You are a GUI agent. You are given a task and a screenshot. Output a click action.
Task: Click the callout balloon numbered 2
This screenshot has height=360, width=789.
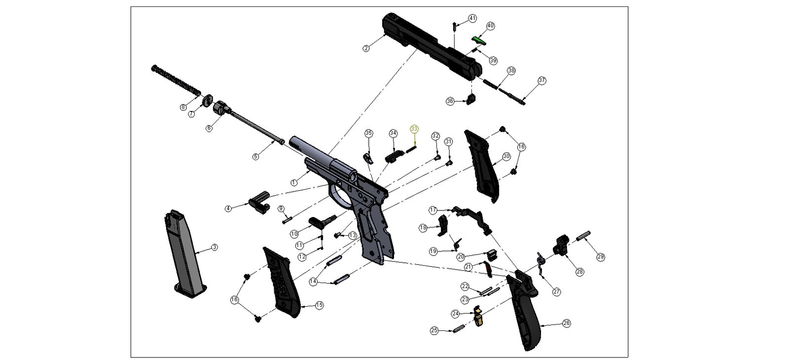pyautogui.click(x=366, y=48)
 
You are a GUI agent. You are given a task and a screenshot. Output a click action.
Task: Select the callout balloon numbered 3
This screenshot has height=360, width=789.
pyautogui.click(x=215, y=247)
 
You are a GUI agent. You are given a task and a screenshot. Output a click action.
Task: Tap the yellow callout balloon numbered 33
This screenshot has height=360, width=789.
pyautogui.click(x=414, y=129)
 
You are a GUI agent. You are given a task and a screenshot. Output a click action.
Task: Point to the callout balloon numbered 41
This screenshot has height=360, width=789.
pyautogui.click(x=472, y=18)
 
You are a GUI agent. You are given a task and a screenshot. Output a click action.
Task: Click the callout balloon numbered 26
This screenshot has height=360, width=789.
pyautogui.click(x=566, y=323)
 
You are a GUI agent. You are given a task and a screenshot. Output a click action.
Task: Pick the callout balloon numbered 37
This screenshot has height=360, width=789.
pyautogui.click(x=542, y=80)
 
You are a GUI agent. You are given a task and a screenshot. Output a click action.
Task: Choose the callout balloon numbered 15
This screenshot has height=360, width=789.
pyautogui.click(x=319, y=305)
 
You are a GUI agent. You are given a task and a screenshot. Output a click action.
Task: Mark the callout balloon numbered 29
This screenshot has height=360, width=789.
pyautogui.click(x=601, y=256)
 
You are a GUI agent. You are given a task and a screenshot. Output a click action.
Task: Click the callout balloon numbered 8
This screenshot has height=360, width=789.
pyautogui.click(x=183, y=107)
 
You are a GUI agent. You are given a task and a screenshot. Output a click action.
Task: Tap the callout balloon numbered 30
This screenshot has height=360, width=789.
pyautogui.click(x=506, y=156)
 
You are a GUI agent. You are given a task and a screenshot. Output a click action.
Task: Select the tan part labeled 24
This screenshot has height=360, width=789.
pyautogui.click(x=477, y=317)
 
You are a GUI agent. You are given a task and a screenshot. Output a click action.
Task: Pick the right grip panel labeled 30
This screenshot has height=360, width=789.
pyautogui.click(x=482, y=165)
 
